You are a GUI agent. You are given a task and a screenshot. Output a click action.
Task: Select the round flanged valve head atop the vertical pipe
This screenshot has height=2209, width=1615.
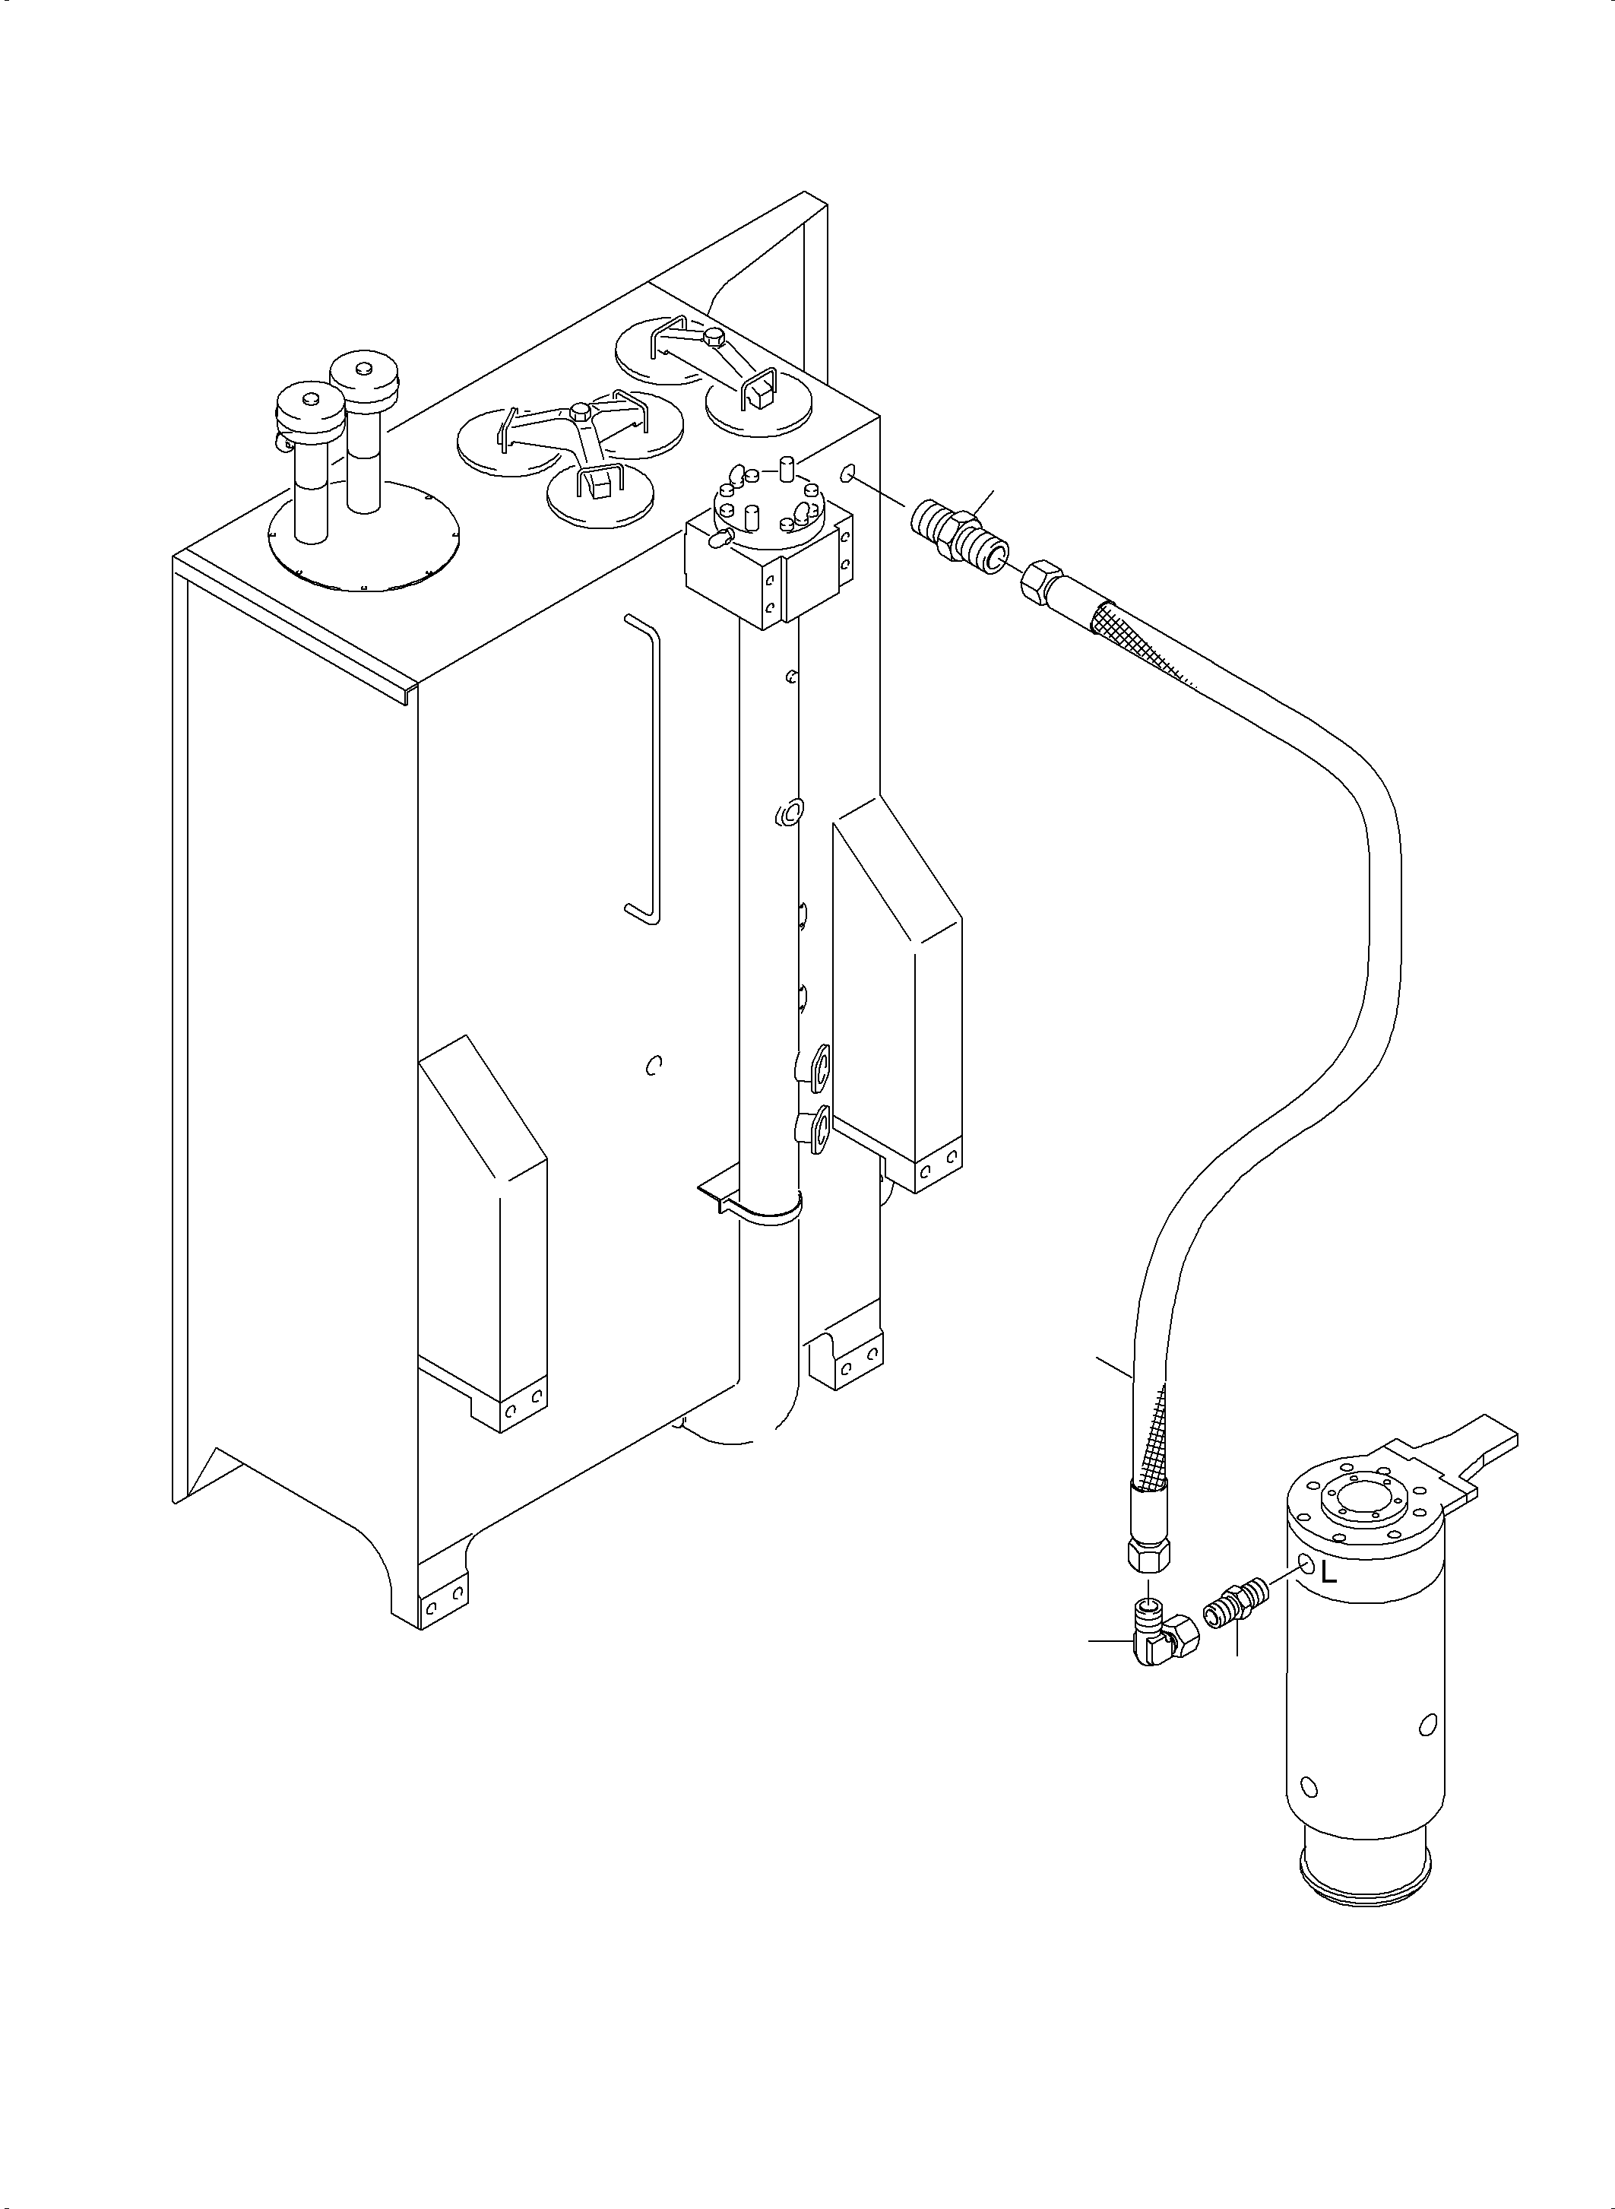point(769,506)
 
